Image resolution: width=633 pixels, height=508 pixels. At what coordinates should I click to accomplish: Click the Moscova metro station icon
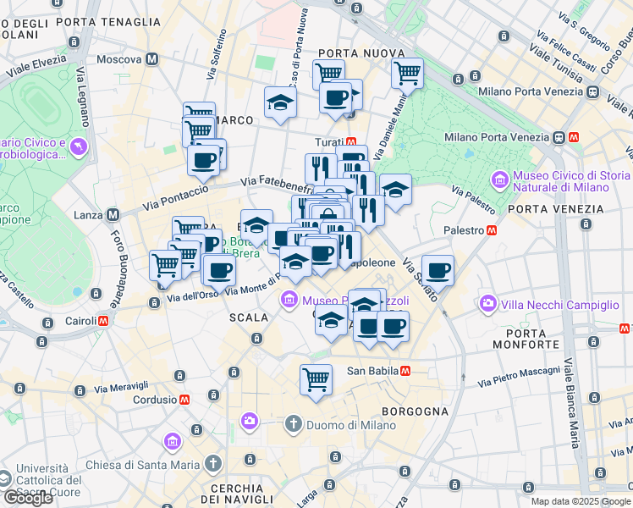152,59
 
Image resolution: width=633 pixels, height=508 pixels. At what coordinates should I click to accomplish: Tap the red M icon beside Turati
350,141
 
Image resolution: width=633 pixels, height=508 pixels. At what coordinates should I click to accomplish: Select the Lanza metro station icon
113,215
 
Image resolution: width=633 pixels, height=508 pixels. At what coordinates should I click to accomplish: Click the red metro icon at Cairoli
103,322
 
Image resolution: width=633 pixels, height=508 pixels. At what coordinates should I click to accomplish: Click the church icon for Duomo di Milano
293,422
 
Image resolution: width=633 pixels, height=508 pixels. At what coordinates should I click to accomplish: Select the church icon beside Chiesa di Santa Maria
213,464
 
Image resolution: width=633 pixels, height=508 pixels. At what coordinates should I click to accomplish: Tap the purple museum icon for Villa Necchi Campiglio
487,303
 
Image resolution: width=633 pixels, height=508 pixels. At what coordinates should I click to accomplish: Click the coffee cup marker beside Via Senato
438,270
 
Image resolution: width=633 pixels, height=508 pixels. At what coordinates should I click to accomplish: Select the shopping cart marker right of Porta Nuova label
407,73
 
